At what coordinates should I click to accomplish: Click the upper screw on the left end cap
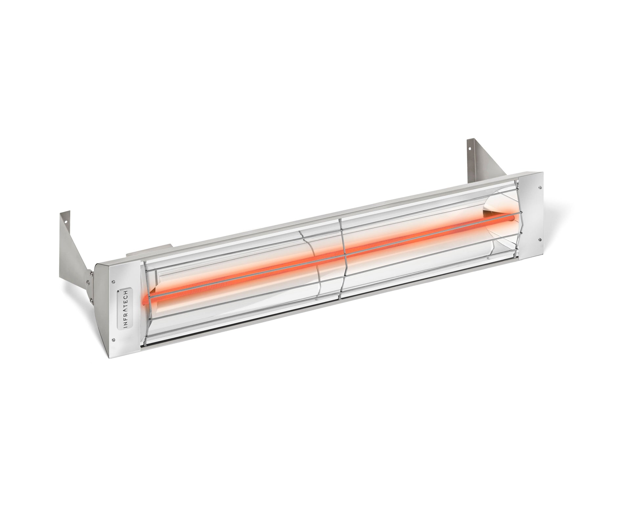113,272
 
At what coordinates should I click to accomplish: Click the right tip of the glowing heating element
508,217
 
